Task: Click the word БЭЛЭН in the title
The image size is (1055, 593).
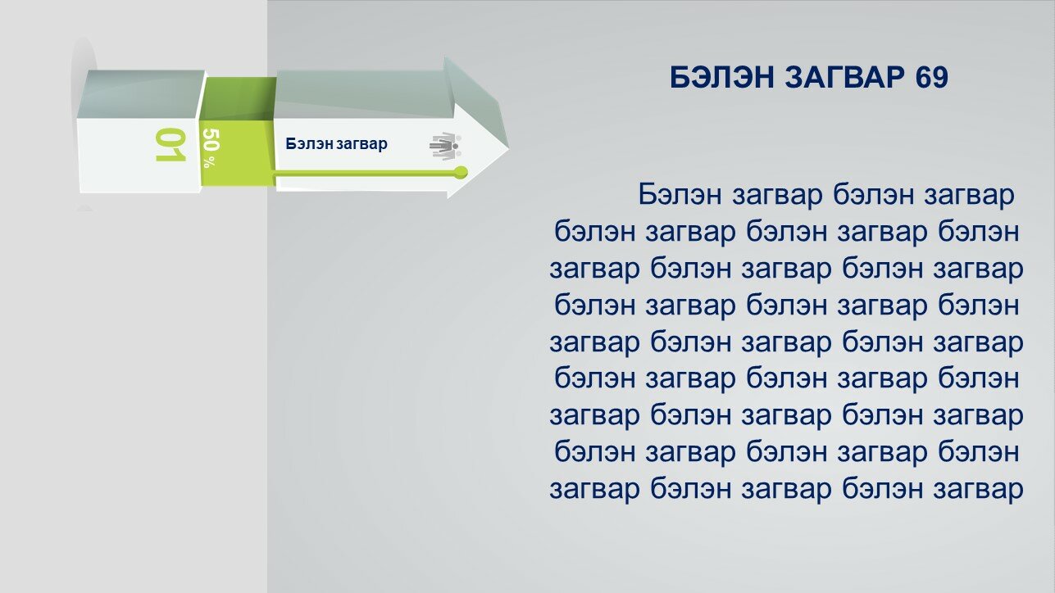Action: pyautogui.click(x=722, y=77)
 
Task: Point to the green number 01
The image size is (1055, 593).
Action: pyautogui.click(x=171, y=144)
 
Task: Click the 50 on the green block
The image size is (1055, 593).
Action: pyautogui.click(x=211, y=140)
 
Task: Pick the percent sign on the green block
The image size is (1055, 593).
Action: pyautogui.click(x=208, y=161)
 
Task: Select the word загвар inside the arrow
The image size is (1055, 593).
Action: pyautogui.click(x=362, y=144)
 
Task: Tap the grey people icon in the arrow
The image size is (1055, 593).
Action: pyautogui.click(x=445, y=147)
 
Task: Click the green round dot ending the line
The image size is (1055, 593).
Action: pyautogui.click(x=462, y=172)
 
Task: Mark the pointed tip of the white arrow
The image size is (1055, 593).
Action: pyautogui.click(x=509, y=150)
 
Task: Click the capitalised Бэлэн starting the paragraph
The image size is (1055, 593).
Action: pyautogui.click(x=680, y=194)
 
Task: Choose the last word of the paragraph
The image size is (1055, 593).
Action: pyautogui.click(x=978, y=490)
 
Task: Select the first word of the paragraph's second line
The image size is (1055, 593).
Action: pyautogui.click(x=595, y=232)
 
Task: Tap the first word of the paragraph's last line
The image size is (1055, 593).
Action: pyautogui.click(x=594, y=490)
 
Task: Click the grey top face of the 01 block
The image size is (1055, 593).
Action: pyautogui.click(x=141, y=94)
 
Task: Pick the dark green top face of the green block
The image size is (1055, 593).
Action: pyautogui.click(x=239, y=98)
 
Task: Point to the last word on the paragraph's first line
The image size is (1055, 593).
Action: pyautogui.click(x=968, y=195)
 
